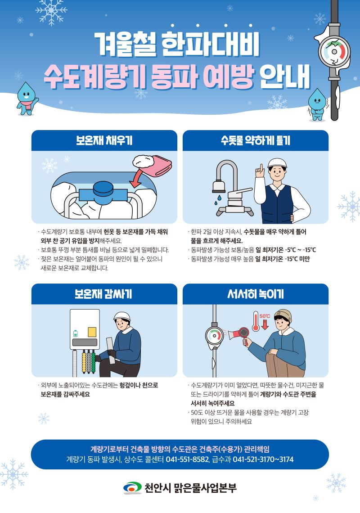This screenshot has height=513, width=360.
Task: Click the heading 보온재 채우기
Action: [104, 140]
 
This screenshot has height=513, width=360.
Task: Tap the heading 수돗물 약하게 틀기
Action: [255, 140]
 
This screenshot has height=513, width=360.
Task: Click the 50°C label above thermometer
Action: [265, 316]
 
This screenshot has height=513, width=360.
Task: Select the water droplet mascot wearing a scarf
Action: [25, 97]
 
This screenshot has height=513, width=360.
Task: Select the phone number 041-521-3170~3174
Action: [263, 459]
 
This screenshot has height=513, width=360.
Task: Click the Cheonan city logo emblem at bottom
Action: [132, 487]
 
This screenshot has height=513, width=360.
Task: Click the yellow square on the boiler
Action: [92, 332]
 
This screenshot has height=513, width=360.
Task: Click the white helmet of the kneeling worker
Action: [122, 316]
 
